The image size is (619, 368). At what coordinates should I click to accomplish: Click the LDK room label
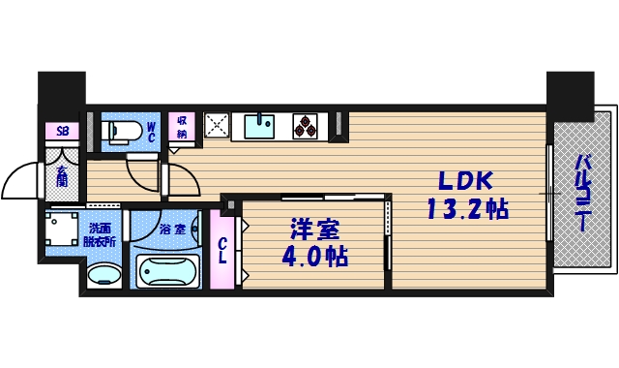466,181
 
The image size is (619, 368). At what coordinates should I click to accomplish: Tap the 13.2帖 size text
466,208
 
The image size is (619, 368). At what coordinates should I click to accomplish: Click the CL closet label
221,251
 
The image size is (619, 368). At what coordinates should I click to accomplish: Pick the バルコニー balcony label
583,191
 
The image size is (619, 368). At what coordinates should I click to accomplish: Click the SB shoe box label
63,131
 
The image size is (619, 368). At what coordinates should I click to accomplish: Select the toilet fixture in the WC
123,131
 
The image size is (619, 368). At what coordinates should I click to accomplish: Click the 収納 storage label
181,127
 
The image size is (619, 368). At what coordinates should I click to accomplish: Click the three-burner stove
306,126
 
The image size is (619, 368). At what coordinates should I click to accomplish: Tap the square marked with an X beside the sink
217,126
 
